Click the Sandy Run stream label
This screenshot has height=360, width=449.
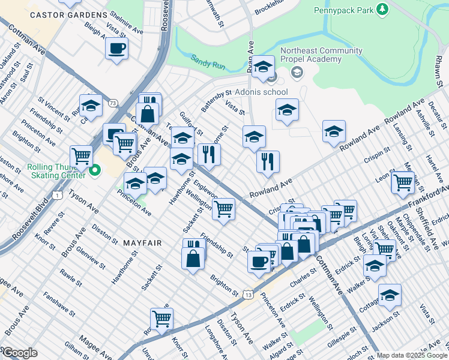coord(207,60)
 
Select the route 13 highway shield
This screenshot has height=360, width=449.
coord(247,294)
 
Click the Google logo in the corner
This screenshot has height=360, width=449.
coord(20,353)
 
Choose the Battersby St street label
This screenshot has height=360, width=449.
coord(216,101)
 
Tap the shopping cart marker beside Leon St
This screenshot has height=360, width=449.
coord(403,181)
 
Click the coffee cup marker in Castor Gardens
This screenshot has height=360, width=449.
coord(116,47)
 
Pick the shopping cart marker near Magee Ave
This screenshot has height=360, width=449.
coord(161,319)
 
